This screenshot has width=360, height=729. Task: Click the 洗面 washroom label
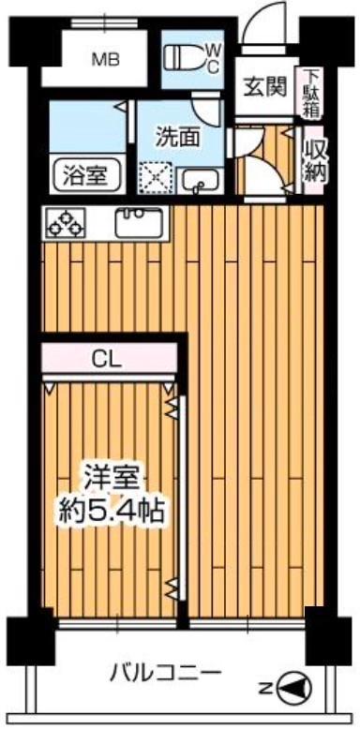pyautogui.click(x=177, y=137)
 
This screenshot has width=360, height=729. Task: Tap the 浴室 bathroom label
pyautogui.click(x=84, y=173)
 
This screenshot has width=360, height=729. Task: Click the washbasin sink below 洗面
pyautogui.click(x=200, y=179)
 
